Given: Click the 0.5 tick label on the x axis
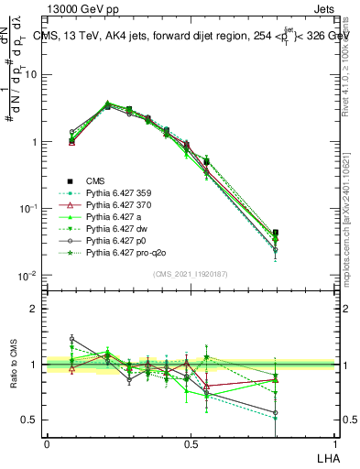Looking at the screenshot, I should click(x=191, y=443).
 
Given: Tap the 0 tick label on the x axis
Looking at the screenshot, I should click(x=47, y=443).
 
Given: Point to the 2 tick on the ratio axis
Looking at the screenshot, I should click(x=33, y=309).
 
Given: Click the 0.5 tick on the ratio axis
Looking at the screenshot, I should click(x=28, y=420).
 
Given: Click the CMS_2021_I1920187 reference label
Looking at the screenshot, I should click(x=191, y=273).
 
